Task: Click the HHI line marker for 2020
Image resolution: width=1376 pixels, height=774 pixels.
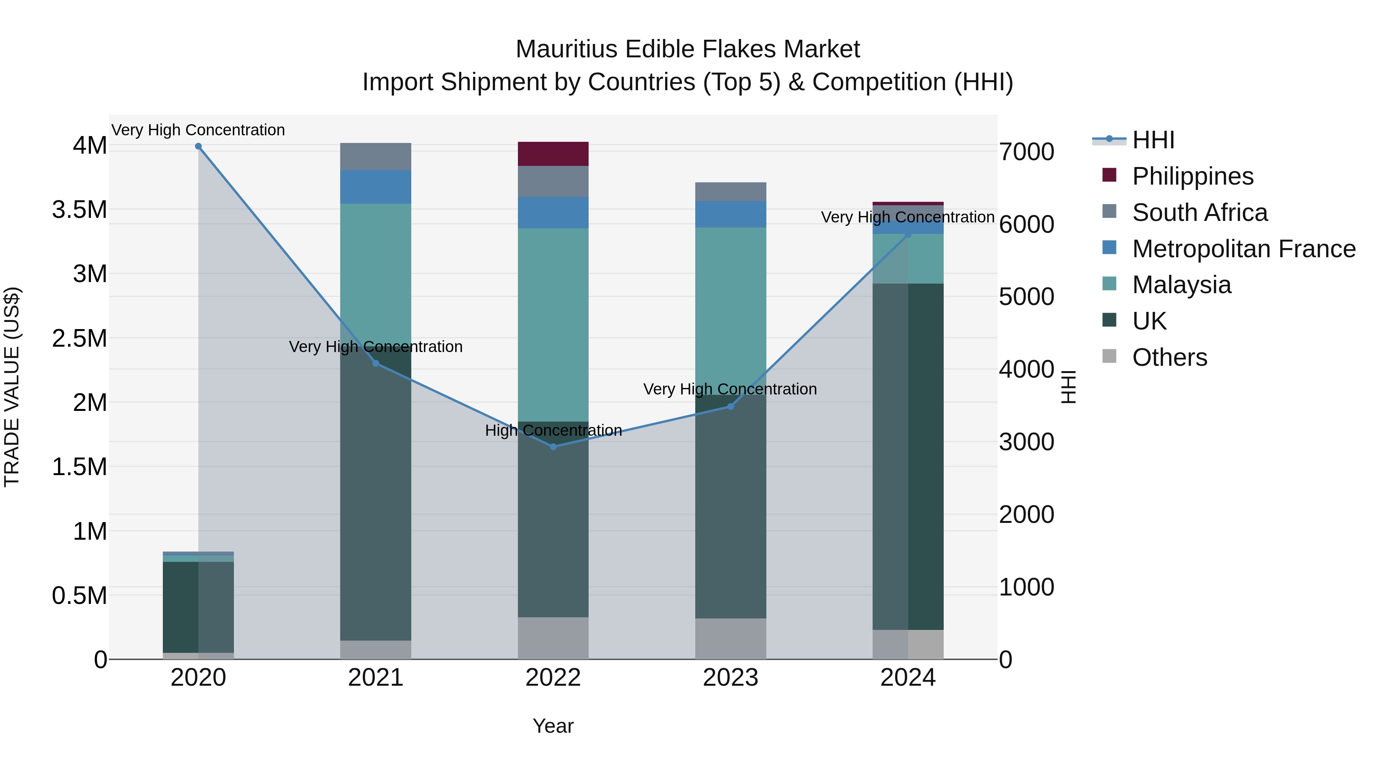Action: [198, 146]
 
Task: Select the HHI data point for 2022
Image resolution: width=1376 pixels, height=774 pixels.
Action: [553, 446]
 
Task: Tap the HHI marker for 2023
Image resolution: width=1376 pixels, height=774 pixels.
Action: [731, 407]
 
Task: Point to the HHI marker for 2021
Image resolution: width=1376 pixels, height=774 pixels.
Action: [375, 363]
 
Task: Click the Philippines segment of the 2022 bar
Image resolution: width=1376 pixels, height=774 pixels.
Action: [553, 154]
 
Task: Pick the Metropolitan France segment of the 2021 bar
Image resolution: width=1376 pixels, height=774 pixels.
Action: [375, 187]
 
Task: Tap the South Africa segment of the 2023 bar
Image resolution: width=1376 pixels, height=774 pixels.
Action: [731, 191]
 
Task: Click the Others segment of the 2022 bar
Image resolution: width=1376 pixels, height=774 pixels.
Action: [553, 638]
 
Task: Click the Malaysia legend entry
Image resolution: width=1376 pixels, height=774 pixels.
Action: [1181, 285]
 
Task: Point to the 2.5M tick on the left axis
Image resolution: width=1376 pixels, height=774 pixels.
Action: [80, 338]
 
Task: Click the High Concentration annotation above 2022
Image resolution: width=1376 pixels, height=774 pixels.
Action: [553, 430]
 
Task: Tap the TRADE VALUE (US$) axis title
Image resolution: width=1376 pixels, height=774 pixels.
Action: [12, 387]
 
